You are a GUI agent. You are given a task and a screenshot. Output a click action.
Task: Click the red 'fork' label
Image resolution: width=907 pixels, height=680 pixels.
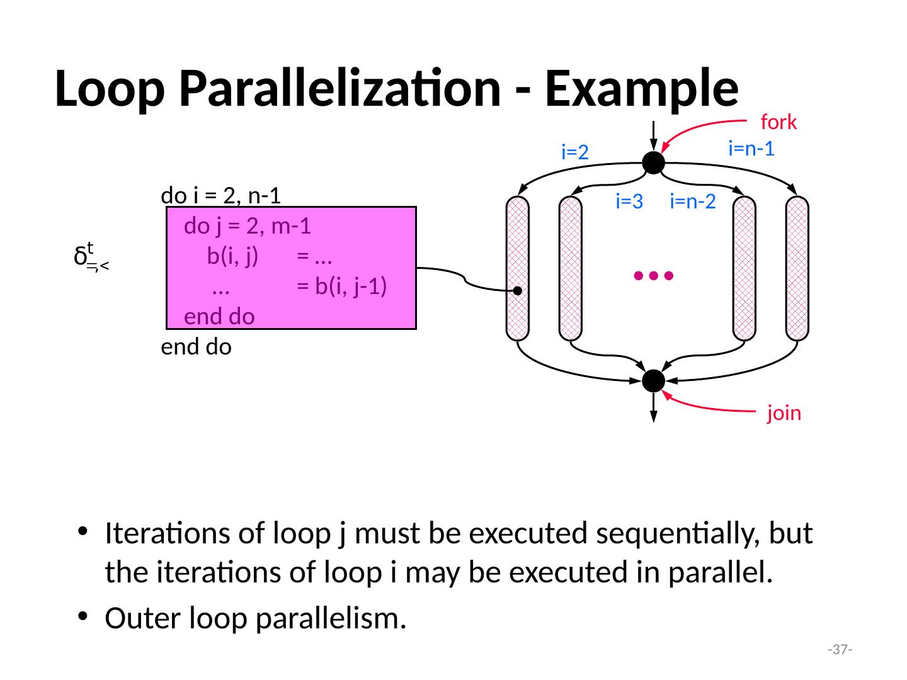pyautogui.click(x=779, y=122)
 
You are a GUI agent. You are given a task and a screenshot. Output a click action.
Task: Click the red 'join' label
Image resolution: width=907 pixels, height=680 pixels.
pyautogui.click(x=784, y=413)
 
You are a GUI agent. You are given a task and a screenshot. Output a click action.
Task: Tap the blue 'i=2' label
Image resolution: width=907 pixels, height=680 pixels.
pyautogui.click(x=574, y=152)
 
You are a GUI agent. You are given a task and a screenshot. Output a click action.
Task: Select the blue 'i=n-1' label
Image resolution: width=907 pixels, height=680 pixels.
pyautogui.click(x=750, y=149)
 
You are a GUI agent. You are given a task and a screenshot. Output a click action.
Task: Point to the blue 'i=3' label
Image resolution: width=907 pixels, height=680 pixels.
pyautogui.click(x=629, y=201)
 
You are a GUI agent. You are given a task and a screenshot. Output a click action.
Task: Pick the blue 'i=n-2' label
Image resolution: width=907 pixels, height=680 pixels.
pyautogui.click(x=693, y=201)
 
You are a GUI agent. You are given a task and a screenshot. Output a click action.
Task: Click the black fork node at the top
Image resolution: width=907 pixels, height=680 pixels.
pyautogui.click(x=653, y=162)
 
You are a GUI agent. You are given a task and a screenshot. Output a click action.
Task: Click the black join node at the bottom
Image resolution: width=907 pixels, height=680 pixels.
pyautogui.click(x=653, y=380)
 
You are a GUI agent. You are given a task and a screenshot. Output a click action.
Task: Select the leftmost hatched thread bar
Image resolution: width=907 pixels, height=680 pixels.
pyautogui.click(x=517, y=269)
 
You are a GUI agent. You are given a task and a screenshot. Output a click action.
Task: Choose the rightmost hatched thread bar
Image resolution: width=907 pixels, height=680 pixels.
pyautogui.click(x=797, y=269)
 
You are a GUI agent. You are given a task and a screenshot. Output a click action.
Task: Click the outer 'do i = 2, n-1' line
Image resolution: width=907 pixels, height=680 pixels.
pyautogui.click(x=220, y=196)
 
